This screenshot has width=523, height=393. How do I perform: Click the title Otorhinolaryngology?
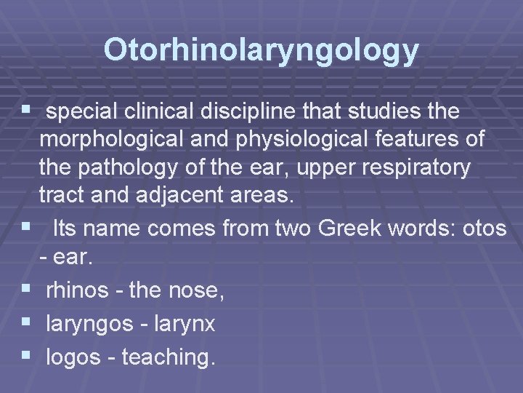pyautogui.click(x=261, y=49)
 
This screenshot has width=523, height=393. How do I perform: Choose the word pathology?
pyautogui.click(x=128, y=168)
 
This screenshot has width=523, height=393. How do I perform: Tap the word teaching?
pyautogui.click(x=168, y=357)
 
